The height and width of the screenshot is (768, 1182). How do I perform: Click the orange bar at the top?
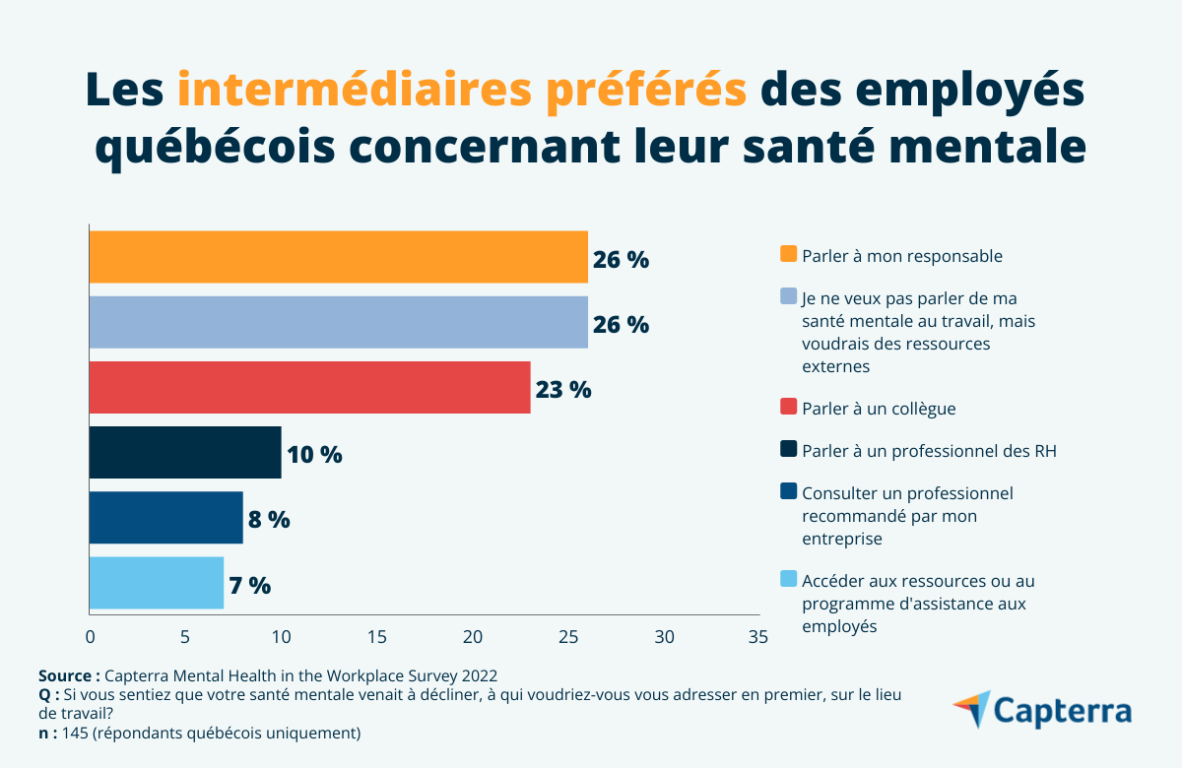click(x=338, y=257)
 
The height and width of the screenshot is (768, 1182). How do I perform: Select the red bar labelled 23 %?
click(x=309, y=387)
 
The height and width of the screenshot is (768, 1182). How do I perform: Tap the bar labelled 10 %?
click(x=185, y=452)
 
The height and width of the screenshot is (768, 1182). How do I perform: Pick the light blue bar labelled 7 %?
click(x=157, y=583)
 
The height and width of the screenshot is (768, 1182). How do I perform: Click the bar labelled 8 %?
click(x=165, y=518)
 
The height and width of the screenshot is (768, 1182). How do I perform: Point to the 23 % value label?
click(x=563, y=389)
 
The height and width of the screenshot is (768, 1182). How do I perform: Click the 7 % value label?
click(x=249, y=585)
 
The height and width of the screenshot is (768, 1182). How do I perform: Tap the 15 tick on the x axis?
click(x=377, y=637)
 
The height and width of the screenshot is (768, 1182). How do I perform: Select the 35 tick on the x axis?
click(x=757, y=637)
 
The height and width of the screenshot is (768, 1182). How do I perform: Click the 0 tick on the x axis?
click(x=91, y=637)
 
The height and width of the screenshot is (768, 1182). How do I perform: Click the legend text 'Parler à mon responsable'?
click(x=902, y=256)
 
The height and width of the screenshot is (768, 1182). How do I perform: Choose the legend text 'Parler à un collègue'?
click(x=880, y=408)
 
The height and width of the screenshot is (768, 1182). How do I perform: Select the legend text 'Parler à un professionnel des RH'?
click(x=929, y=451)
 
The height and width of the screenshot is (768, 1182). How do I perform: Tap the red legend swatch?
click(x=788, y=407)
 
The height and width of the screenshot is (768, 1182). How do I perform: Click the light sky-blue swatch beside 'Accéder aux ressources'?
click(x=788, y=580)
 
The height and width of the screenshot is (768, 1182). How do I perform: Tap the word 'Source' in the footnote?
click(x=66, y=675)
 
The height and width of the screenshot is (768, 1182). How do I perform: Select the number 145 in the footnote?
click(x=76, y=733)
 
